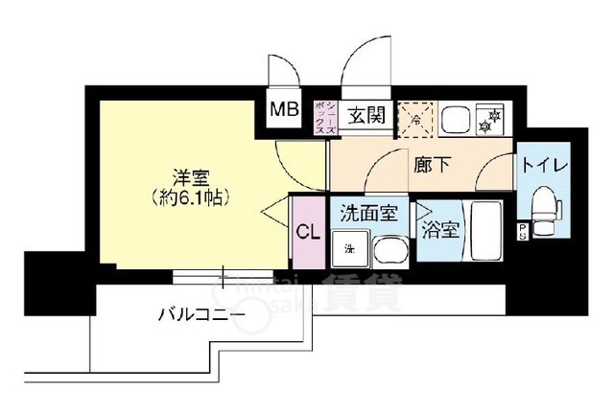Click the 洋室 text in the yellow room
[x=192, y=178]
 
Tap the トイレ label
[x=545, y=164]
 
